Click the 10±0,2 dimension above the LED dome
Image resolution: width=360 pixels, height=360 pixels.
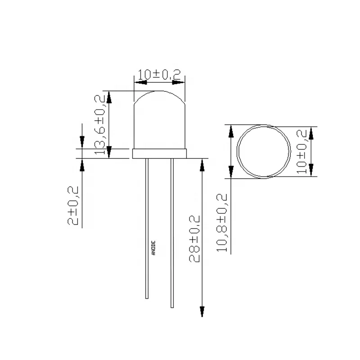(159, 75)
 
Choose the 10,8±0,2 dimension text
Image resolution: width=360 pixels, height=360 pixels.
(224, 222)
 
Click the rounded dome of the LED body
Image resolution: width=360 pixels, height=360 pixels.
(159, 119)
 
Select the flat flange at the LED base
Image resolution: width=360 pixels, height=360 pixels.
(159, 153)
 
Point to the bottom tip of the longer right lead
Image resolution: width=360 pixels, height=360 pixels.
(172, 306)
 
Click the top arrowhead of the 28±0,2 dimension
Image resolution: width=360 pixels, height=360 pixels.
(202, 164)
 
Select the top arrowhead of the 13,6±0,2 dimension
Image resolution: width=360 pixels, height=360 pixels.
(108, 96)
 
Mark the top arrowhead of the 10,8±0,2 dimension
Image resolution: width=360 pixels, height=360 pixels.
(231, 131)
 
